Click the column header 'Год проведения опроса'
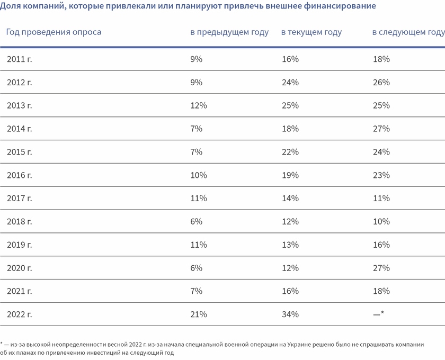tap(54, 32)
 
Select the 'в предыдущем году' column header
tap(229, 32)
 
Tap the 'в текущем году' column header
tap(311, 32)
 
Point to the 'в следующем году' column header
tap(408, 32)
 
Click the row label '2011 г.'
tap(20, 59)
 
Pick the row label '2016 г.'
tap(20, 175)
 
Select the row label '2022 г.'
tap(20, 314)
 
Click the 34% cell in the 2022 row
tap(290, 314)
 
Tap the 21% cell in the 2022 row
tap(199, 314)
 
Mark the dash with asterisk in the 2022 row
tap(378, 314)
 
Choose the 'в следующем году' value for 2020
tap(381, 268)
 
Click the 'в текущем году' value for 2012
tap(290, 83)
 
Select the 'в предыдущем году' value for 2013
tap(199, 106)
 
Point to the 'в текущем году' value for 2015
tap(290, 152)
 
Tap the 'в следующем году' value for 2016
tap(381, 175)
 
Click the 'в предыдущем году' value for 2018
tap(197, 222)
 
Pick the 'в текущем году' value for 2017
tap(290, 199)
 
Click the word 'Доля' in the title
tap(11, 6)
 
